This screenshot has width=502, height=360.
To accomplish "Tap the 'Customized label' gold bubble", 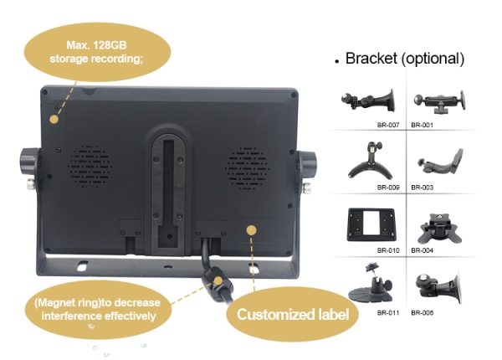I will (x=292, y=315).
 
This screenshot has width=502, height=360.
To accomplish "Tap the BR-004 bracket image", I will (x=439, y=224).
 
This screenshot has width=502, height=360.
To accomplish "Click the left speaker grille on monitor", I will (x=89, y=167).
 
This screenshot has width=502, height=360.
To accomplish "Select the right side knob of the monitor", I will (x=310, y=163).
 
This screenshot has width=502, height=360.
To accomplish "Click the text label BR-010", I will (x=387, y=249).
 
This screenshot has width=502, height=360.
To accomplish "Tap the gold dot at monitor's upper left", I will (x=56, y=118).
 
